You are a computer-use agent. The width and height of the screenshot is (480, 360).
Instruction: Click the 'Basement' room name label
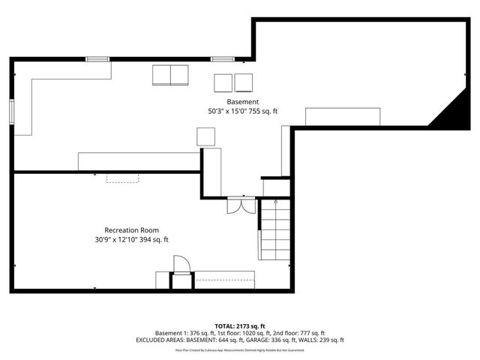[x=243, y=101]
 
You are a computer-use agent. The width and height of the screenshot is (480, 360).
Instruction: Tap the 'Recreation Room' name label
[x=131, y=230]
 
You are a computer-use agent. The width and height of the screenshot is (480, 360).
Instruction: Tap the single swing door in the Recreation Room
[x=181, y=265]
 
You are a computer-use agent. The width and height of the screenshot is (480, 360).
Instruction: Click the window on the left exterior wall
[x=12, y=110]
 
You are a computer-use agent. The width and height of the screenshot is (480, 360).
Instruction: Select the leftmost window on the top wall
[x=97, y=58]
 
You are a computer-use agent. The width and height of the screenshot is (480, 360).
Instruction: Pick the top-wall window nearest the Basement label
[x=221, y=58]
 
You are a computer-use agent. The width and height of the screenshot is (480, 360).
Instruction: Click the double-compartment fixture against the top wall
[x=172, y=74]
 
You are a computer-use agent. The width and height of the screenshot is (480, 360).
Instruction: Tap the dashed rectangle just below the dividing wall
[x=122, y=178]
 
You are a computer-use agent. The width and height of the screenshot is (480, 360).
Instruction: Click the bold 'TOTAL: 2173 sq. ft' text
[x=240, y=326]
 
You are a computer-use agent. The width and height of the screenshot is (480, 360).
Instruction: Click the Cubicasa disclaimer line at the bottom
[x=240, y=349]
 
